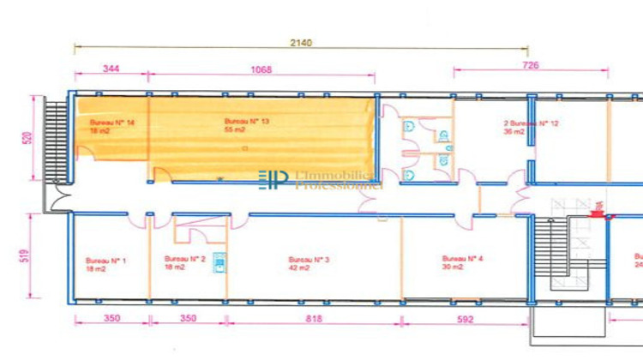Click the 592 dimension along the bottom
point(466,319)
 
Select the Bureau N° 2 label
point(184,258)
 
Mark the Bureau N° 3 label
point(309,259)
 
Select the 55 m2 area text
point(235,130)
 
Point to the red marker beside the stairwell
point(597,214)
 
